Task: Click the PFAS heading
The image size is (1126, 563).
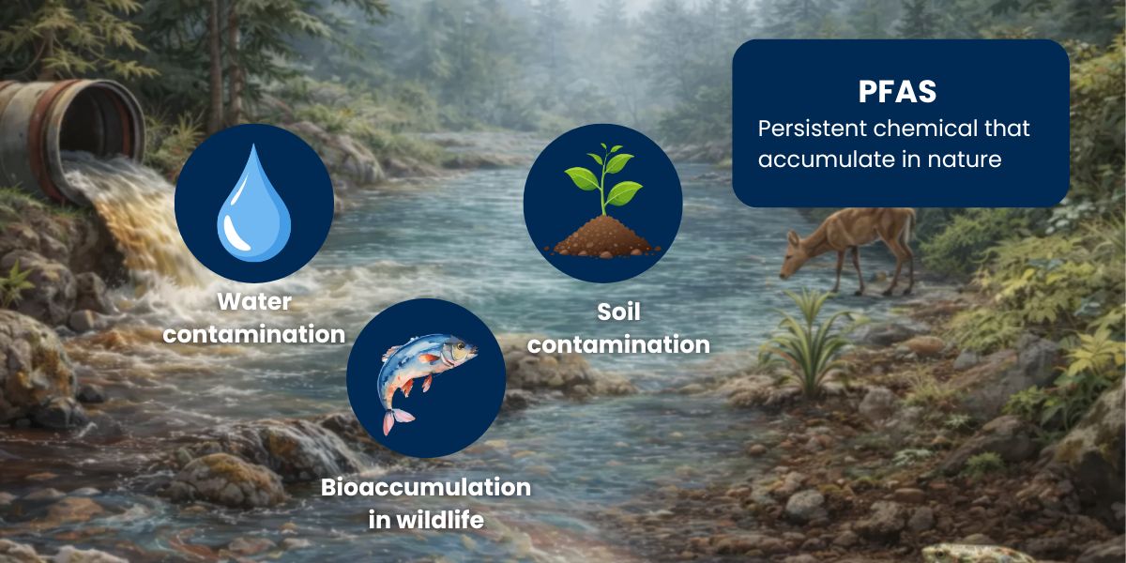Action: [897, 91]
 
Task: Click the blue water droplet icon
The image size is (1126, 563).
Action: [254, 203]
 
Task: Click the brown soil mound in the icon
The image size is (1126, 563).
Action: [603, 236]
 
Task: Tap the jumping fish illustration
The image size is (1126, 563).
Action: [426, 378]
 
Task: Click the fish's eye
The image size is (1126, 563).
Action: [461, 346]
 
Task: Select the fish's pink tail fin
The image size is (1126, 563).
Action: [397, 420]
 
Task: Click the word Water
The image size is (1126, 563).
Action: [254, 301]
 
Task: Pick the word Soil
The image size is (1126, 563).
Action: [618, 312]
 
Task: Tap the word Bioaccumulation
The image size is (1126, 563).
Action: [426, 487]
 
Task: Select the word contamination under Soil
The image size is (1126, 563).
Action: [618, 344]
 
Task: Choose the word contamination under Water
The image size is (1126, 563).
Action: [254, 334]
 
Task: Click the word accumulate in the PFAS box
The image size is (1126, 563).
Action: [829, 160]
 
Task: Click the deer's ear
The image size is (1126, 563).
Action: [793, 238]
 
